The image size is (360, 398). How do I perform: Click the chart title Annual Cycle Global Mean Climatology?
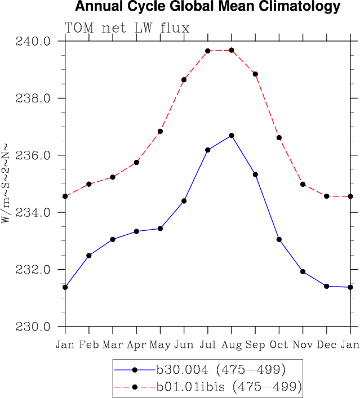pos(208,7)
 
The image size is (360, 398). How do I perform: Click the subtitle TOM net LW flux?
pos(127,28)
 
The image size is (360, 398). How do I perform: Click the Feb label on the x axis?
pos(89,345)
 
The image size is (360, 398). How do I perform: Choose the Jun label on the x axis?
pos(184,345)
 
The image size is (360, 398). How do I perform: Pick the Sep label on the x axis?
pos(255,345)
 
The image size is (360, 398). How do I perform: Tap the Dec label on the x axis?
pos(327,345)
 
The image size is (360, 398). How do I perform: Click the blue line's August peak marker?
pos(232,136)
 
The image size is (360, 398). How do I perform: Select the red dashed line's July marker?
pos(208,51)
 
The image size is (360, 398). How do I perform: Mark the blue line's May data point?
pos(160,229)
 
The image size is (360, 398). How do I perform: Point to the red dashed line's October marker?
pos(279,137)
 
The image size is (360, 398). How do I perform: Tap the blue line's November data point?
pos(303,271)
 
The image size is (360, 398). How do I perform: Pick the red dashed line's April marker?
pos(136,162)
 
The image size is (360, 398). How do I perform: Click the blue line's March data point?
pos(113,239)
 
